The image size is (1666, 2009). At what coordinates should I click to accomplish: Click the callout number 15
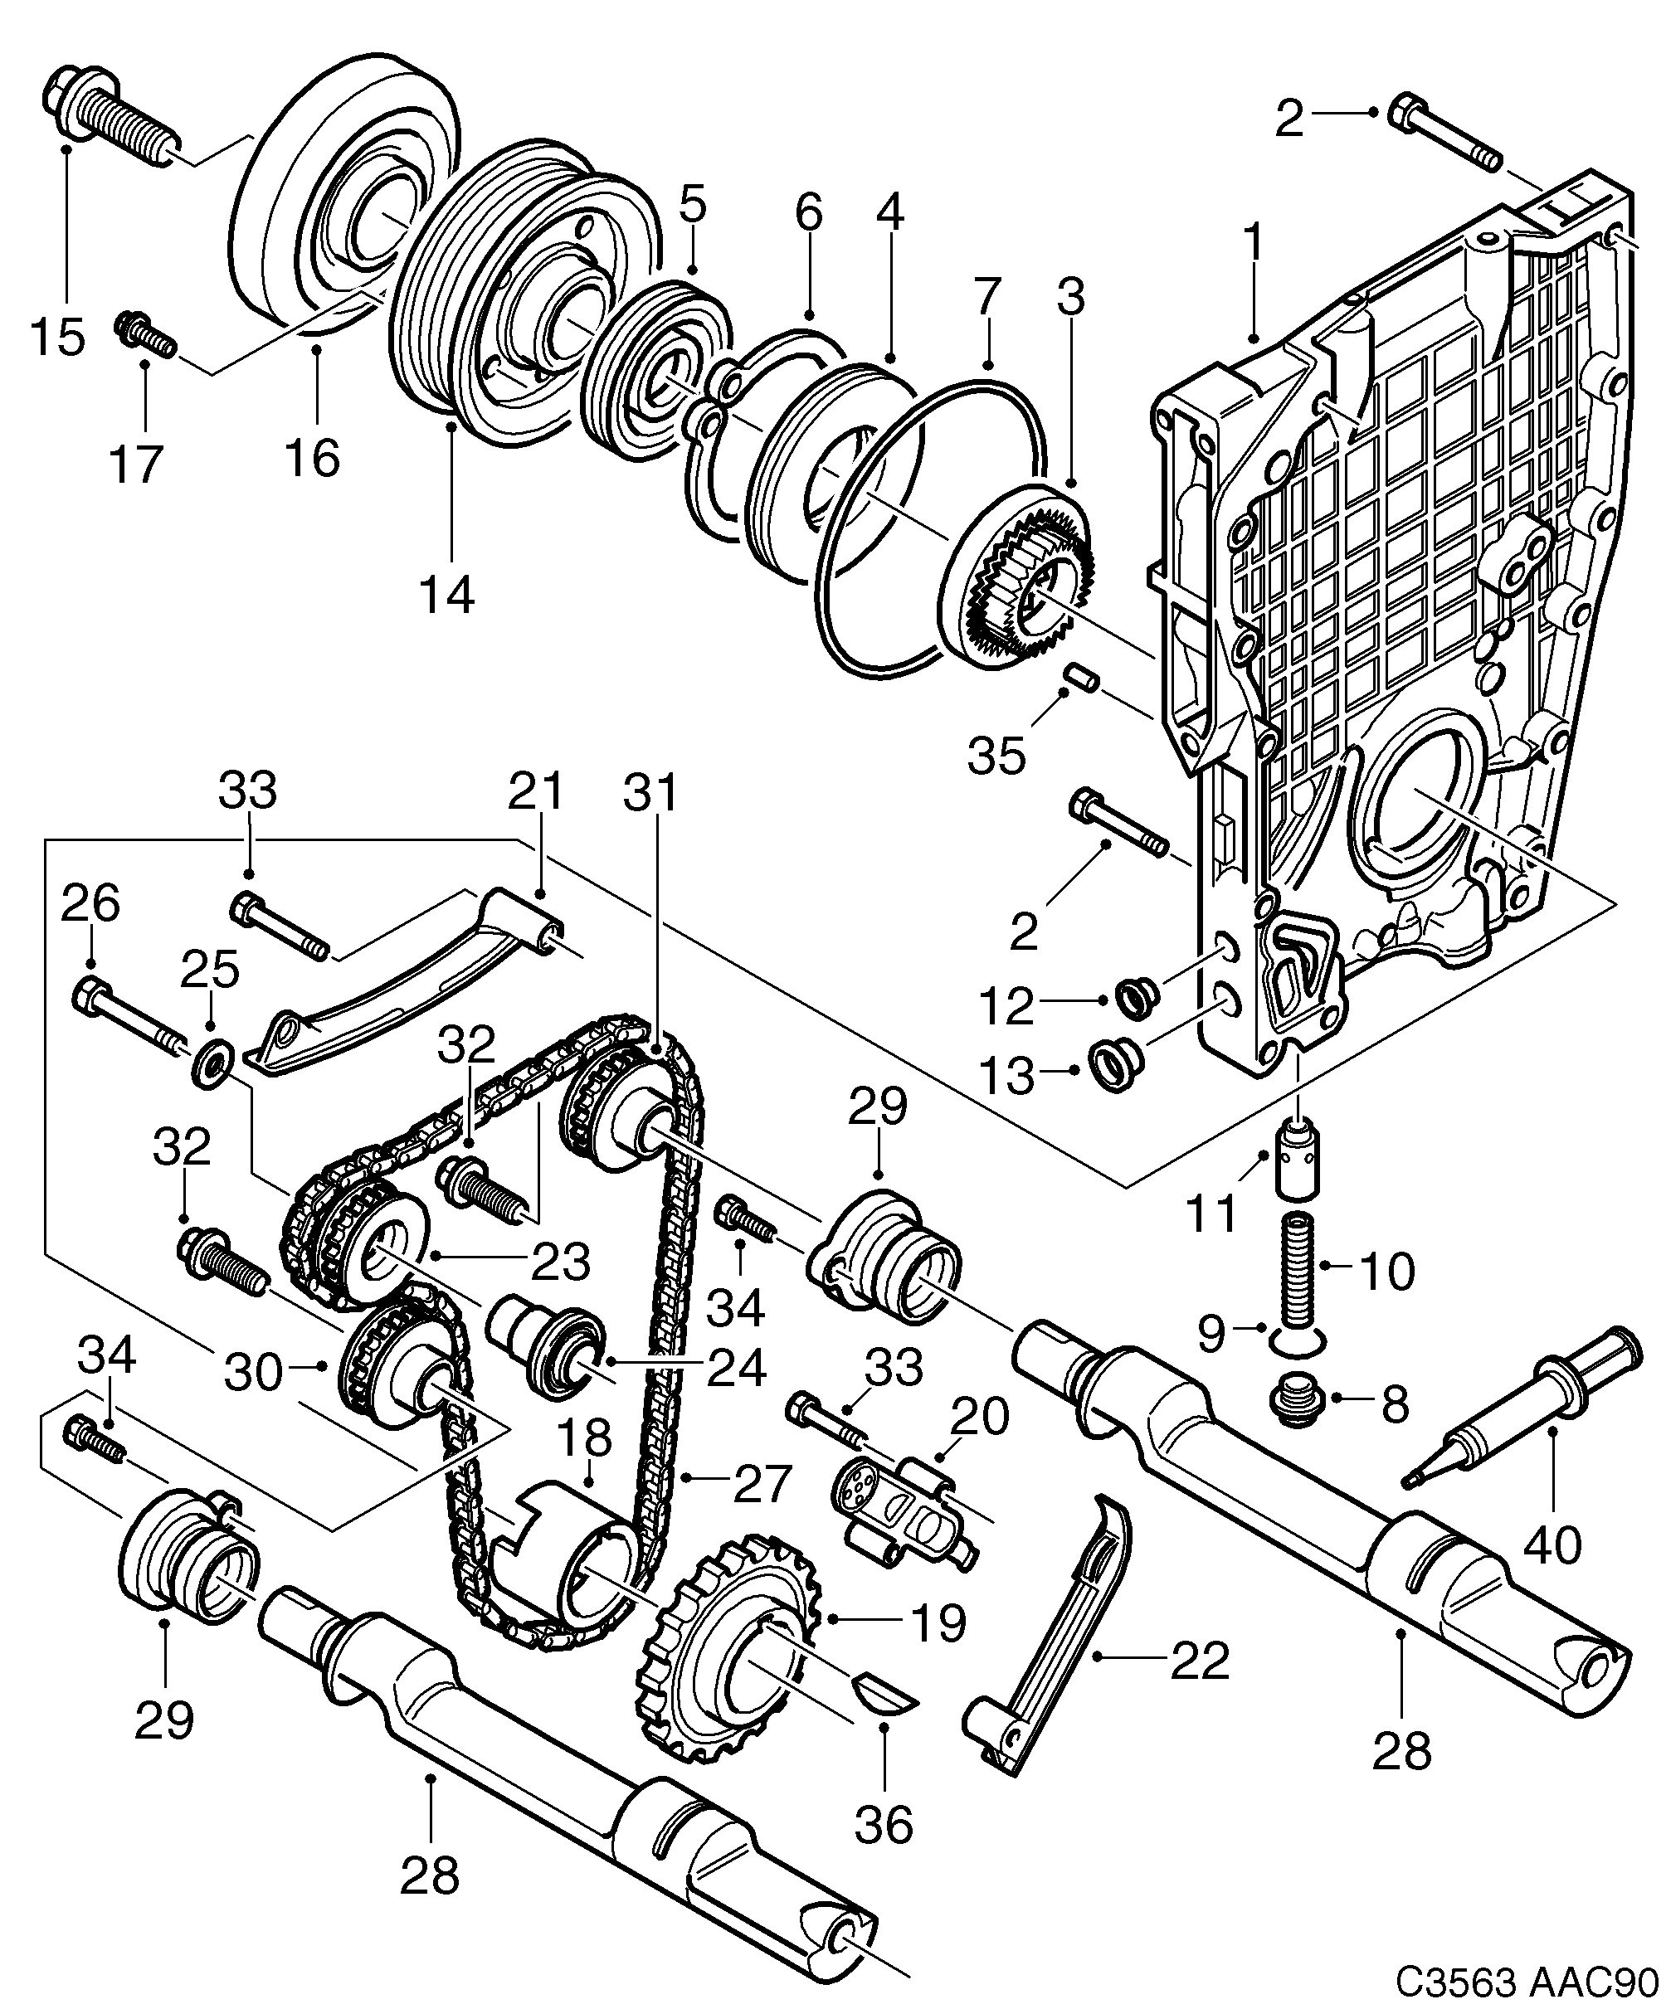57,338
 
